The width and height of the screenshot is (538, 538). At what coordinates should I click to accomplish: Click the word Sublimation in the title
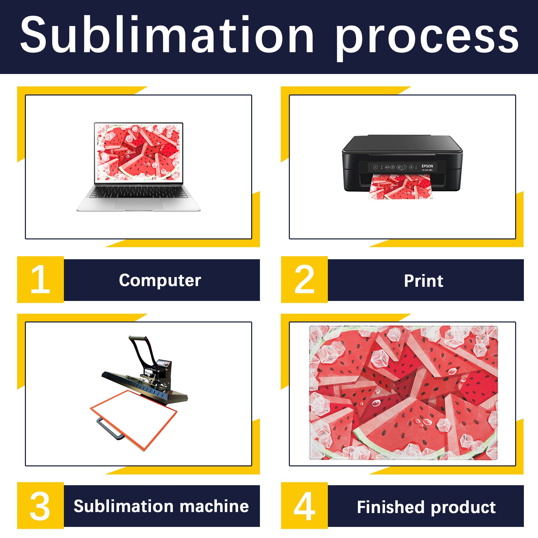click(x=167, y=34)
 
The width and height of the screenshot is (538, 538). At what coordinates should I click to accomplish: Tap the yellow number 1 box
click(x=40, y=279)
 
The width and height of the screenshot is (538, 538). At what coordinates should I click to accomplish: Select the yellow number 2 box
click(x=304, y=279)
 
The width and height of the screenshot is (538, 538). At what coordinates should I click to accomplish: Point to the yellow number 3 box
click(x=40, y=505)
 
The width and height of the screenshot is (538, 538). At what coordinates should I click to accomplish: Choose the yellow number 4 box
click(x=304, y=505)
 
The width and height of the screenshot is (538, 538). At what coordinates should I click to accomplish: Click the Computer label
click(x=160, y=280)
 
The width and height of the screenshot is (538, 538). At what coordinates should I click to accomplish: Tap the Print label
click(x=424, y=280)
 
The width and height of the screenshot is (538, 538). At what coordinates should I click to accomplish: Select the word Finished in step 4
click(x=391, y=507)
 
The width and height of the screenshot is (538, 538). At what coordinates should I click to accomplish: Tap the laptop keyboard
click(x=139, y=192)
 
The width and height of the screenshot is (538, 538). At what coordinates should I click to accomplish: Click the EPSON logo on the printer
click(x=427, y=166)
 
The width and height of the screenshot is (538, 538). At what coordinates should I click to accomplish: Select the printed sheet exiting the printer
click(x=400, y=187)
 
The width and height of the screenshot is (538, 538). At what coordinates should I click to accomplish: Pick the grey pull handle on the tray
click(x=110, y=428)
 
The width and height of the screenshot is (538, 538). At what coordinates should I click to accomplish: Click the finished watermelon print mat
click(x=403, y=392)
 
